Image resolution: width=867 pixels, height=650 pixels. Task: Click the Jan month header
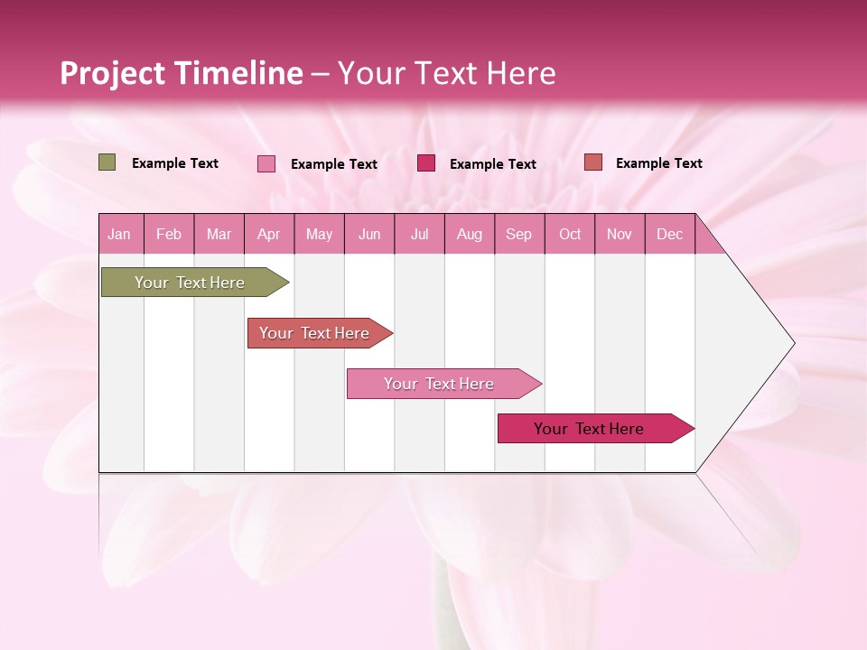click(x=119, y=234)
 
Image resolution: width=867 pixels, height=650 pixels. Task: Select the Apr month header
click(x=268, y=234)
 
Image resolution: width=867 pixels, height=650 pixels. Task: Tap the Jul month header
click(x=419, y=234)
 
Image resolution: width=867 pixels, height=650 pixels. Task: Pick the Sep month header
click(x=518, y=234)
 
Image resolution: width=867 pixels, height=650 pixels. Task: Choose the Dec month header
click(x=669, y=234)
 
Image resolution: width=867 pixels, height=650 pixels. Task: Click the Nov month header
click(x=619, y=234)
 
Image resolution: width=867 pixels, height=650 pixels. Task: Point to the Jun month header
click(x=368, y=234)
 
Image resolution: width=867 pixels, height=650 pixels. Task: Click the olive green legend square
click(x=107, y=162)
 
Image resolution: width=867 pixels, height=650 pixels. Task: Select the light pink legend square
click(x=266, y=163)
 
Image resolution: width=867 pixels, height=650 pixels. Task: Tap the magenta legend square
click(x=426, y=162)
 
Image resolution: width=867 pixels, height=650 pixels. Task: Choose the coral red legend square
click(x=593, y=162)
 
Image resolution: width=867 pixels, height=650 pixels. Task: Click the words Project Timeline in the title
click(x=181, y=73)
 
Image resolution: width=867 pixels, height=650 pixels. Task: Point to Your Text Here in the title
click(x=447, y=73)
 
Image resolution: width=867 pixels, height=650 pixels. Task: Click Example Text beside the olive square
click(x=175, y=163)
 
